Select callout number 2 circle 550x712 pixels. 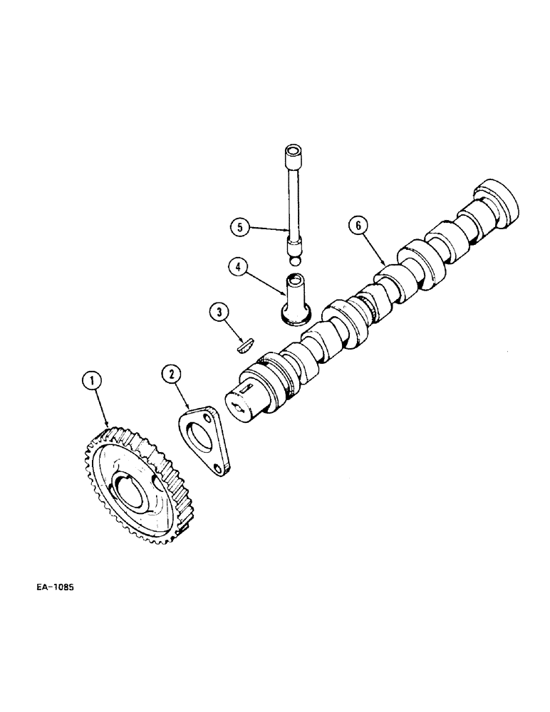point(170,372)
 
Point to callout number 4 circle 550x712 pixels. point(239,268)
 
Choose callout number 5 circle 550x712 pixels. point(239,227)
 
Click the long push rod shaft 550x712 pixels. point(293,199)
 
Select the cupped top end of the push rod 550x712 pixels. point(292,152)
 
